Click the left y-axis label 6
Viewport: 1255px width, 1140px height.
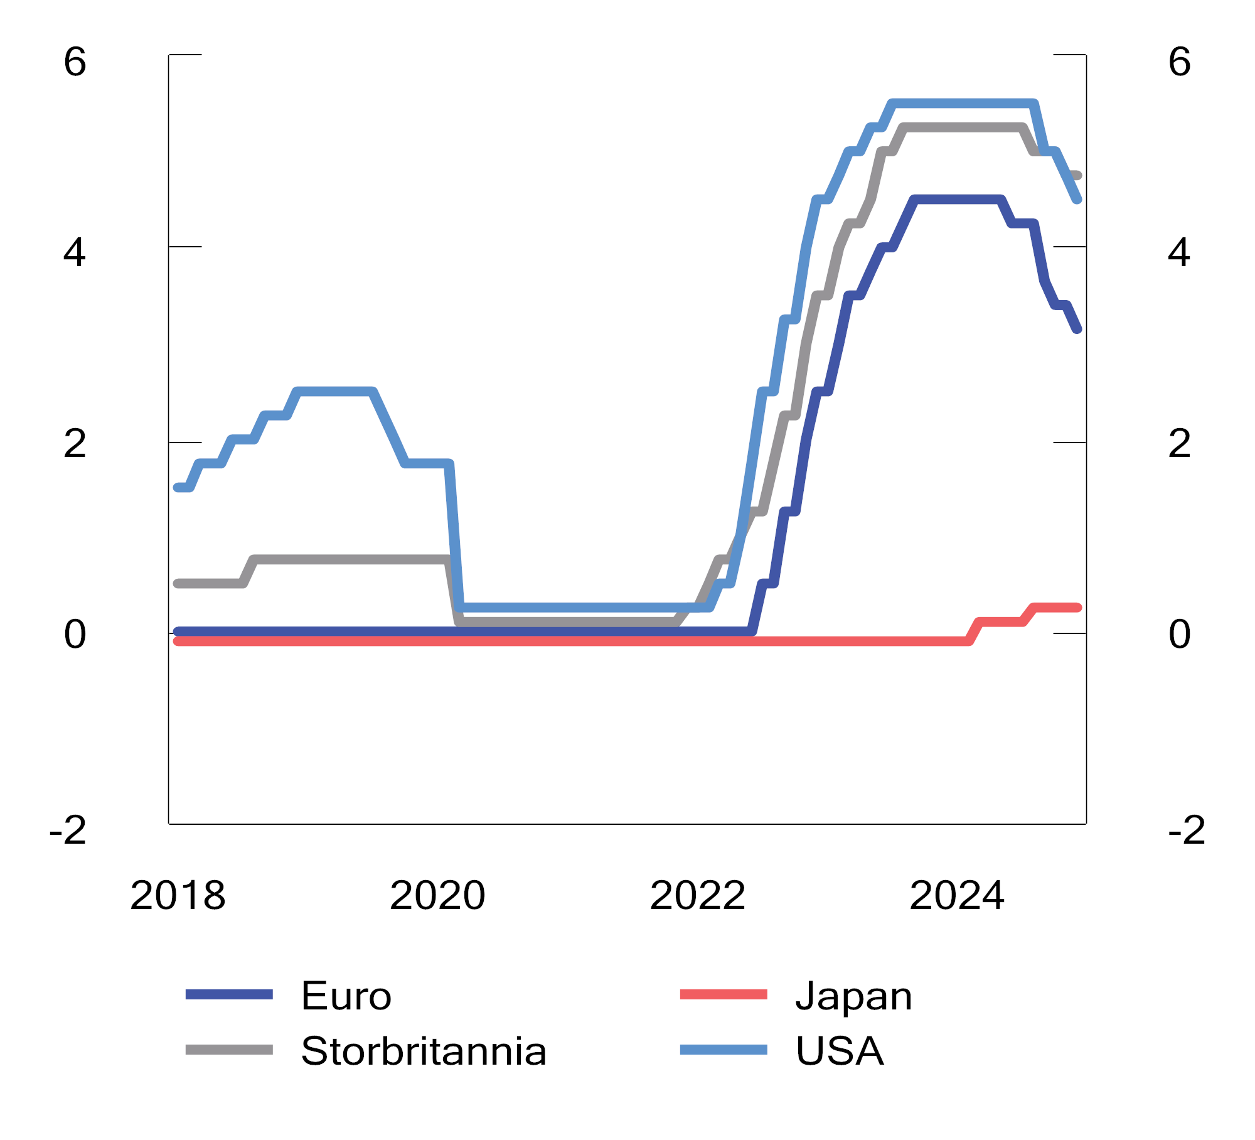(x=75, y=63)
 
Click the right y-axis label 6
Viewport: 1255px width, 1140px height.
(x=1179, y=63)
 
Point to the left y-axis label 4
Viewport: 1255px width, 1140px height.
(x=75, y=254)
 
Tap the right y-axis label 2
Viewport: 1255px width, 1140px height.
(x=1179, y=444)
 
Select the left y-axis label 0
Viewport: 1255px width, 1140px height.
(x=75, y=635)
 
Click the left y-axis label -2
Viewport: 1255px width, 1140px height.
(x=68, y=831)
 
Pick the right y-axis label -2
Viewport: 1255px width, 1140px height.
(x=1186, y=831)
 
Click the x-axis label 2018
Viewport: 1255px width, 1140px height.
(x=178, y=895)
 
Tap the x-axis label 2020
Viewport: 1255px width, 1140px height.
(x=437, y=895)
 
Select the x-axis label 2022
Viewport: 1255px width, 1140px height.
(x=697, y=895)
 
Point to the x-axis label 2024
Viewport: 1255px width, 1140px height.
(x=957, y=895)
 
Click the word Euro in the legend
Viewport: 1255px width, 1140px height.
(x=346, y=996)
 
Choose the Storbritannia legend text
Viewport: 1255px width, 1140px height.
(x=424, y=1051)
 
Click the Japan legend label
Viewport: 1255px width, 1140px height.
(x=853, y=996)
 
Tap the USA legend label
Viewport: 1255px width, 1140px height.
(x=840, y=1051)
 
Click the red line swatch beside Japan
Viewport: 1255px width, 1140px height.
(x=724, y=994)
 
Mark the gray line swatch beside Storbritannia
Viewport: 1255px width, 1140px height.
(x=229, y=1050)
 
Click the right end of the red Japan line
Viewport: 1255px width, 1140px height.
(x=1077, y=607)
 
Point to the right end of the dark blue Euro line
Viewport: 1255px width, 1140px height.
(x=1077, y=329)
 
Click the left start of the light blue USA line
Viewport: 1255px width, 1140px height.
(x=178, y=487)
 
